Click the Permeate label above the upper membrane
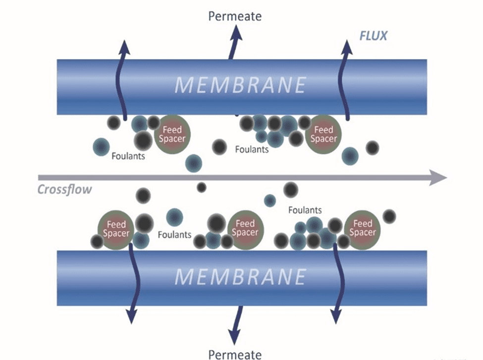click(x=235, y=16)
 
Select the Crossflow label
click(x=65, y=189)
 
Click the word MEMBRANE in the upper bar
click(x=241, y=86)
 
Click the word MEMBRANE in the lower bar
click(x=241, y=276)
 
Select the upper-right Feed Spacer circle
click(x=324, y=134)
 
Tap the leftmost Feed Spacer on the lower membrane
click(x=115, y=229)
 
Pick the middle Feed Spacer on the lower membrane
click(x=245, y=229)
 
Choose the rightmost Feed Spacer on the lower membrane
click(x=363, y=229)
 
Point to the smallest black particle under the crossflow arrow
click(x=201, y=187)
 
